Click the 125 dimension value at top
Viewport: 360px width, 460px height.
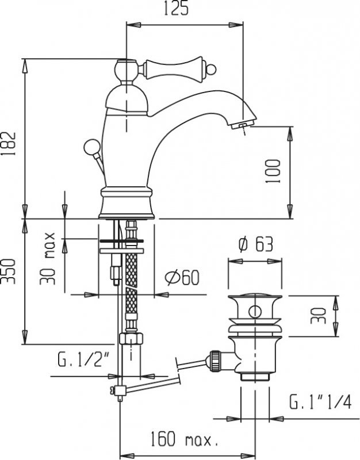click(x=176, y=9)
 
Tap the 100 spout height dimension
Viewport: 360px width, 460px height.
click(x=273, y=171)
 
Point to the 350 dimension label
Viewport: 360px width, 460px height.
click(x=8, y=271)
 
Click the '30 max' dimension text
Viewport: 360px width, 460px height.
click(x=48, y=258)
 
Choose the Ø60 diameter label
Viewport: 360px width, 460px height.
click(x=182, y=278)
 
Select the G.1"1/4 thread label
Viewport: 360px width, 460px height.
click(x=320, y=402)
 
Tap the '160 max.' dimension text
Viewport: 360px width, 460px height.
click(x=185, y=439)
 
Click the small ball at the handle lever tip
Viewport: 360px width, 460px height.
click(x=210, y=70)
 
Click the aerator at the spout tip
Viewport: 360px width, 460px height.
click(x=241, y=125)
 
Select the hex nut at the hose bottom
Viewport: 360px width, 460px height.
click(x=131, y=338)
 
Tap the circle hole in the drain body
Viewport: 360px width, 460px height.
click(x=255, y=312)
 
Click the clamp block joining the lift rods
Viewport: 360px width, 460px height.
click(x=120, y=390)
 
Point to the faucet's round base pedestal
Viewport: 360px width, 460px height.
click(x=127, y=203)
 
